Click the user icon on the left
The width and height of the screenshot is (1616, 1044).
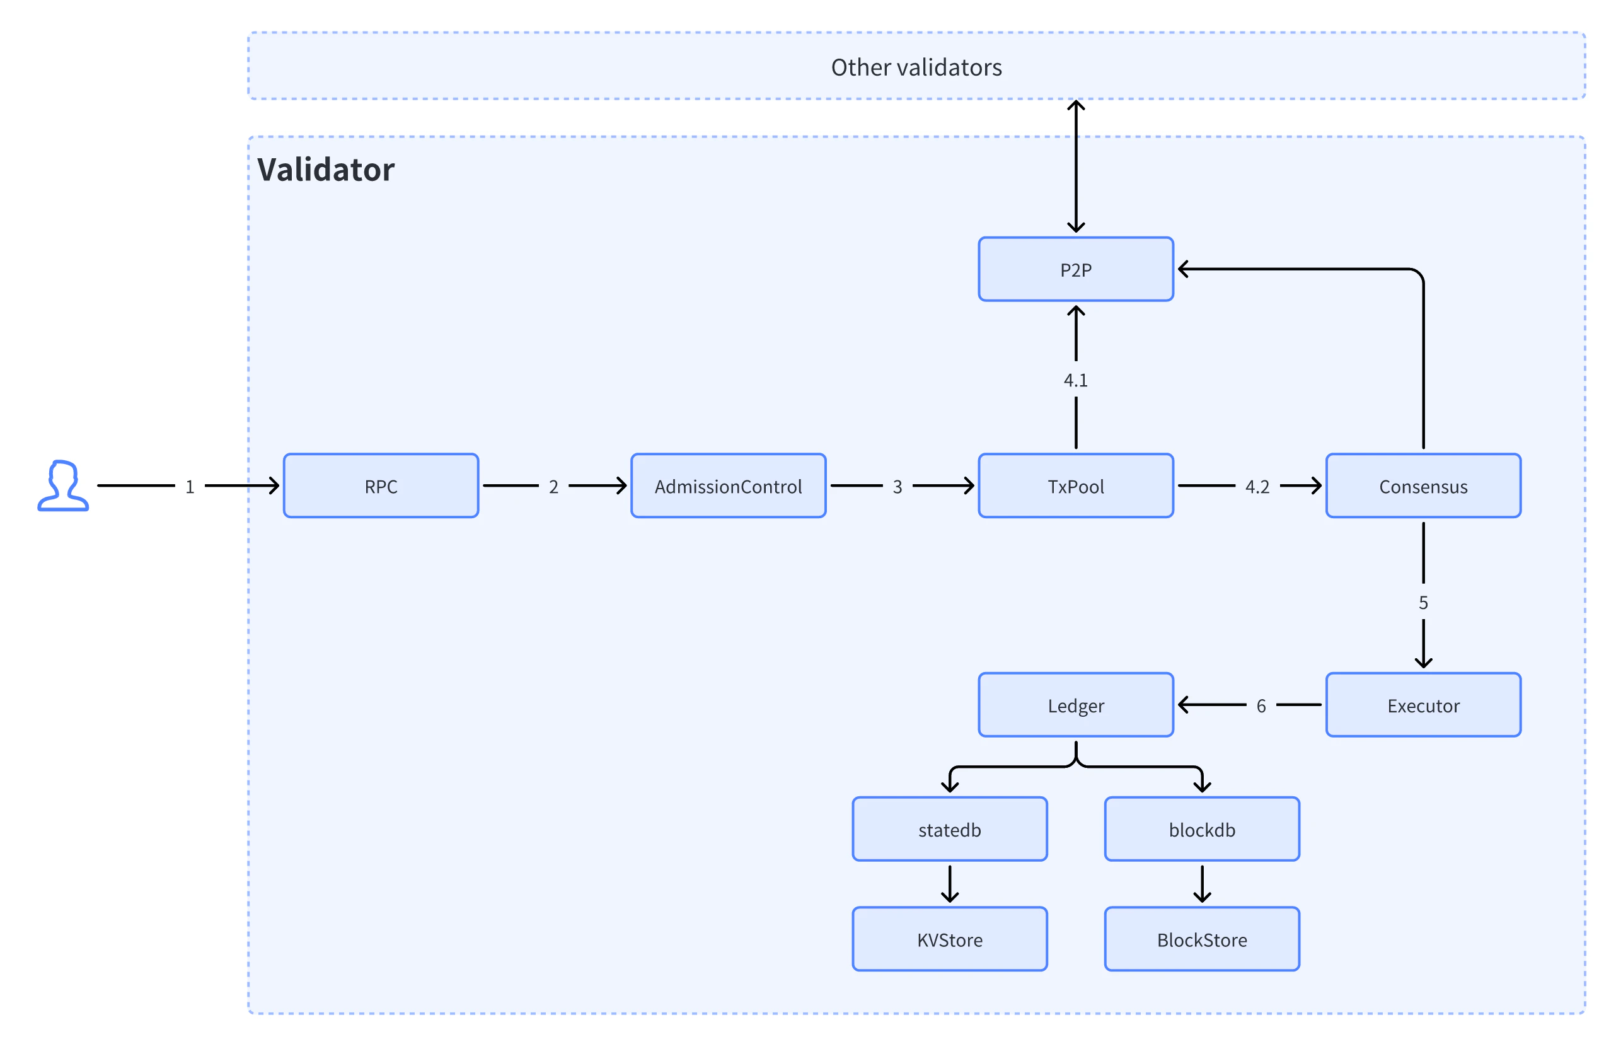62,485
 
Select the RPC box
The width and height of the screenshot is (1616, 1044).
381,485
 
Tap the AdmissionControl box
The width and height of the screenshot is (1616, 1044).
728,485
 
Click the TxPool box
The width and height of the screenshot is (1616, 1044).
1075,485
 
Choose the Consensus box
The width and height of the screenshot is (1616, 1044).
1423,485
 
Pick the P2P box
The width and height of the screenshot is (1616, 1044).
1075,269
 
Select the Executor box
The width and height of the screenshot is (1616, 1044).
1423,705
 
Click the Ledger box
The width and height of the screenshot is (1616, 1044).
1075,705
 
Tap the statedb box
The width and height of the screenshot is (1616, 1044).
949,829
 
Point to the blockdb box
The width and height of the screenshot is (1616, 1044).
1201,829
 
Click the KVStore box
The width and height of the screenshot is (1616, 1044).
949,939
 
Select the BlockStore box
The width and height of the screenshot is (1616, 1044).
1201,939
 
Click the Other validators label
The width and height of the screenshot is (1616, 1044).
916,67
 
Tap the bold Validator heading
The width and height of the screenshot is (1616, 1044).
325,170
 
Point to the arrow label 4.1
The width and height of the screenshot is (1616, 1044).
1075,380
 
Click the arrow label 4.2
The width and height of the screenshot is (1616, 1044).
1257,487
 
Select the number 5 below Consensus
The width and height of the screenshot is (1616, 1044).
1423,603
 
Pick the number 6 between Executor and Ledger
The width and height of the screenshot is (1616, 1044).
1261,705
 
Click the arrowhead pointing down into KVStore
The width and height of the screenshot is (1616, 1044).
949,898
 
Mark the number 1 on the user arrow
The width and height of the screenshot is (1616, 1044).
190,487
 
